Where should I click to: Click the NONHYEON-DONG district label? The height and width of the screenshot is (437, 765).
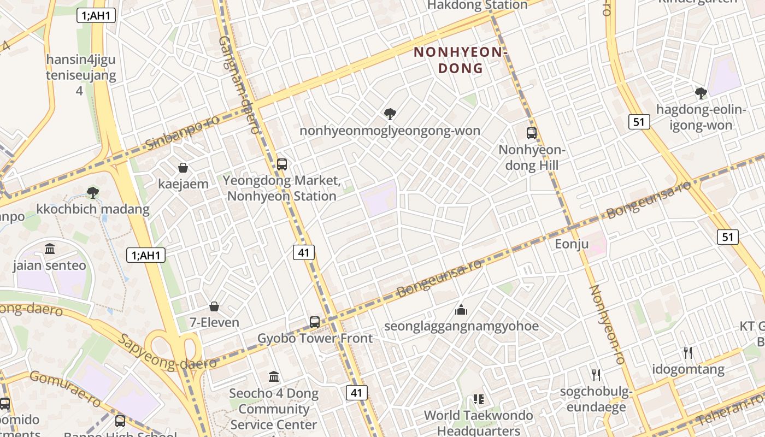[461, 60]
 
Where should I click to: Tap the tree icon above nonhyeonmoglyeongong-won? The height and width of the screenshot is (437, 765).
[390, 114]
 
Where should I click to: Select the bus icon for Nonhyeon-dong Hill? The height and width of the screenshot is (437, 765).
[531, 133]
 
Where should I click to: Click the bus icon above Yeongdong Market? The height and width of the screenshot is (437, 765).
[281, 164]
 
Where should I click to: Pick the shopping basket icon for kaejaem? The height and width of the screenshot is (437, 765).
[183, 168]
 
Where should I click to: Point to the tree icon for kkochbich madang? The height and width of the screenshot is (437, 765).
[93, 192]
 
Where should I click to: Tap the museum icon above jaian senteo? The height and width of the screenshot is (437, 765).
[50, 249]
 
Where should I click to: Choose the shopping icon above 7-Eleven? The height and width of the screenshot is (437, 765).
[214, 306]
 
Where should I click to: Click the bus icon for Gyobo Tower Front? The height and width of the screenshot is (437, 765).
[314, 322]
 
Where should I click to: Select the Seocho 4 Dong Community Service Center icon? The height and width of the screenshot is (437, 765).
[274, 376]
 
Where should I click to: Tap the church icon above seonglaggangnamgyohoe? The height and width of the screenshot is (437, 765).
[461, 310]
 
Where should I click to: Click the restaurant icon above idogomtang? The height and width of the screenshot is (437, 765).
[688, 353]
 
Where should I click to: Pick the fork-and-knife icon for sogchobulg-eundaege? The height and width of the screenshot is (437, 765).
[596, 375]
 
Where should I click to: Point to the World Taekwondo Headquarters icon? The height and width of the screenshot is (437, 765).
[479, 399]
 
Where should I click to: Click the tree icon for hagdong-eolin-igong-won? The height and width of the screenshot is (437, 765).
[701, 93]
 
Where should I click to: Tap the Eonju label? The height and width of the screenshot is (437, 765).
[572, 244]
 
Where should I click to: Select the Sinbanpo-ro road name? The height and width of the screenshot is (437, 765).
[183, 133]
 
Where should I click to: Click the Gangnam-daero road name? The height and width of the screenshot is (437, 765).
[239, 85]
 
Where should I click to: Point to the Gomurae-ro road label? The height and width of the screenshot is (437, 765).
[64, 385]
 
